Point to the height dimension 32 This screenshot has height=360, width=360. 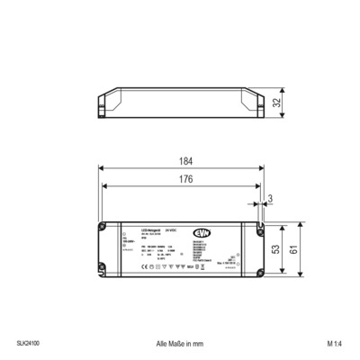tap(292, 103)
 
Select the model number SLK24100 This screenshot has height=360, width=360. tap(28, 344)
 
